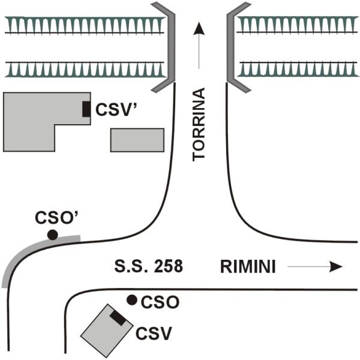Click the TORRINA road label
pos(199,124)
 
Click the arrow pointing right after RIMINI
pos(314,266)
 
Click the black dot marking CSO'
pos(53,235)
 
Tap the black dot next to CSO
pos(131,299)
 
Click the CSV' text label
pos(114,110)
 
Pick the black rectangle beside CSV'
pos(86,109)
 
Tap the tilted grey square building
pos(106,331)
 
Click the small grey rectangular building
pos(137,140)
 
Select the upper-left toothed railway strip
pos(84,25)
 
